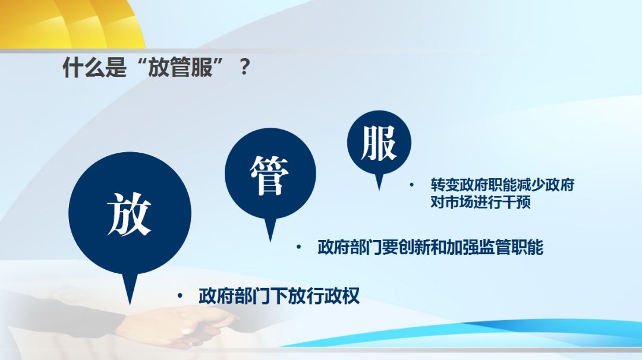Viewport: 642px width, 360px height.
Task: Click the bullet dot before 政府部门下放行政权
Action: point(180,295)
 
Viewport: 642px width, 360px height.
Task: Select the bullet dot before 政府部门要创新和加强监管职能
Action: point(298,247)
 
